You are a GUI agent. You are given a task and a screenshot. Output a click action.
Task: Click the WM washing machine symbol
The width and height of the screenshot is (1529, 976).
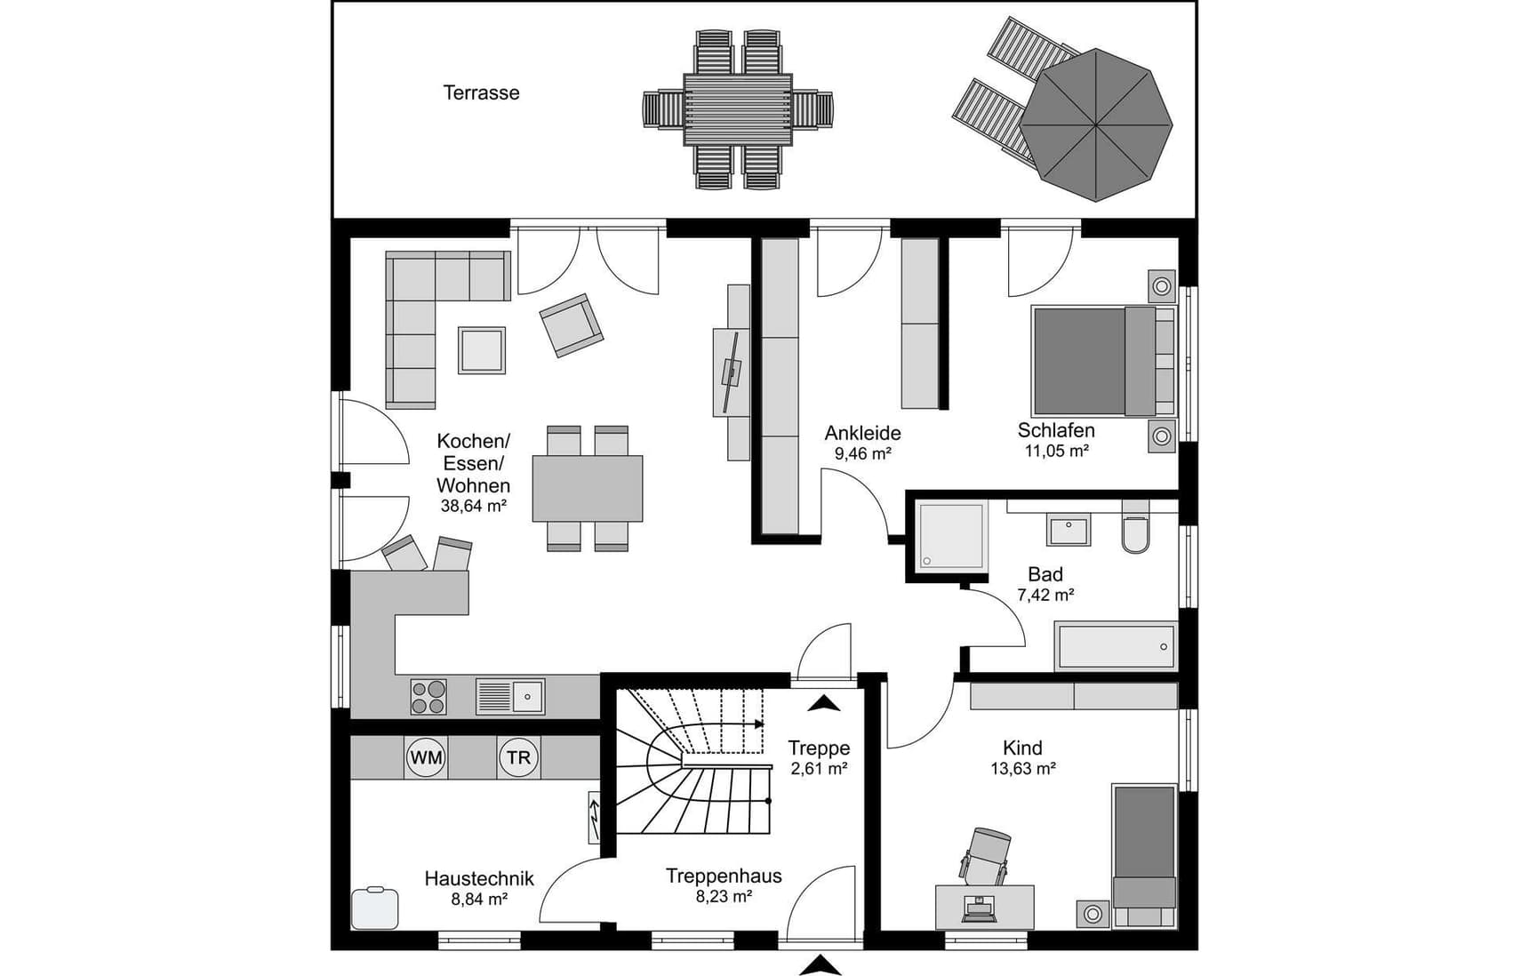pos(427,758)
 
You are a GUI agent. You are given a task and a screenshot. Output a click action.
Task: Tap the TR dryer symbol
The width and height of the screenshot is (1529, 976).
pos(518,758)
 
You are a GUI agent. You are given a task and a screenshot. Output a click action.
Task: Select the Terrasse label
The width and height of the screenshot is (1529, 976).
pos(481,92)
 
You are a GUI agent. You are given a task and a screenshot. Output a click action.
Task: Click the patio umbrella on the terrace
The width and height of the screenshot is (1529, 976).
pos(1095,124)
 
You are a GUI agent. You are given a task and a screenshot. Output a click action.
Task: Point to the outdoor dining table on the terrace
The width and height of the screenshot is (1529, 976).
pos(738,109)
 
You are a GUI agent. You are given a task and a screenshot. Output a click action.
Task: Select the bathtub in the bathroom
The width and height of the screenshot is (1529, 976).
pos(1117,646)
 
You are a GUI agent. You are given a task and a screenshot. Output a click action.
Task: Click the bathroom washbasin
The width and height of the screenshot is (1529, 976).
pos(1069,530)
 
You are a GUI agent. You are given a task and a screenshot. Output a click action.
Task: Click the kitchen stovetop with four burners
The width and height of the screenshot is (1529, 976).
pos(428,697)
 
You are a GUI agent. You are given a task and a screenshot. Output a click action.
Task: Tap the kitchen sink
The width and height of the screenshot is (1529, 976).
pos(510,697)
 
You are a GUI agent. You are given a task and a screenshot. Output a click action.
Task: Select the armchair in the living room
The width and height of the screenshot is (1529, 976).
pos(572,325)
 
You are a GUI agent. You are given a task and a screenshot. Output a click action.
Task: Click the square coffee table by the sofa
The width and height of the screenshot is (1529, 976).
pos(482,350)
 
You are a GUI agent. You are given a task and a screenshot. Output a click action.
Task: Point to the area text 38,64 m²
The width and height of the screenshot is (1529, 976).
pos(474,507)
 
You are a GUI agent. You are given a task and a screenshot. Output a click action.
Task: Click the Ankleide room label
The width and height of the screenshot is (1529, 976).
pos(862,433)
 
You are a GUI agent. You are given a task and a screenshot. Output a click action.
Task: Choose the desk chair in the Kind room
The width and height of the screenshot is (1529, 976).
pos(986,855)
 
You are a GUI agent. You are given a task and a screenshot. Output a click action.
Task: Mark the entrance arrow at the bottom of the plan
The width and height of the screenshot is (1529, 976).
pos(825,965)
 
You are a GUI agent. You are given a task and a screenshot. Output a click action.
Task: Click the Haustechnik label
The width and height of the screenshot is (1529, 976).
pos(479,879)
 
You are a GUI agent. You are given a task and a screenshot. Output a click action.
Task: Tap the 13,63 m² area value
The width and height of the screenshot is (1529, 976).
pos(1023,769)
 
